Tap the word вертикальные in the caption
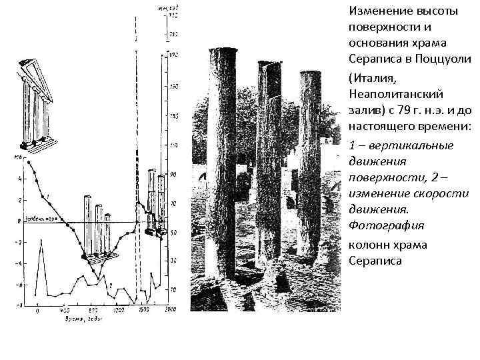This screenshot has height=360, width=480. (413, 145)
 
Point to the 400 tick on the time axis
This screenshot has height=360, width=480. (65, 311)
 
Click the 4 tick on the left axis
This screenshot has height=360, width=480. (21, 179)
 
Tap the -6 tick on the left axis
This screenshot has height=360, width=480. (19, 285)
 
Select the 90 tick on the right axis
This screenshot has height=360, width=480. (173, 175)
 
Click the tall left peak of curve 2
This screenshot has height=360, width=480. (41, 241)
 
